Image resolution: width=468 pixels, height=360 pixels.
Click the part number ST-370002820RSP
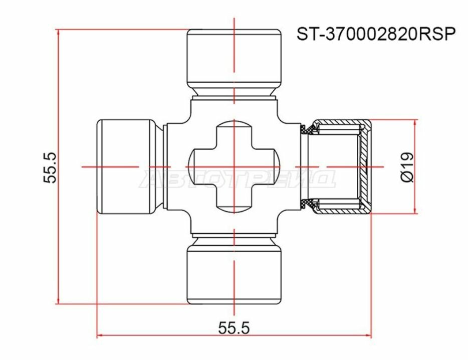[x=376, y=34]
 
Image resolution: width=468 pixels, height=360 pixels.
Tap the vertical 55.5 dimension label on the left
[x=51, y=167]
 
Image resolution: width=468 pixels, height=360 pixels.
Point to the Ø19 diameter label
[x=407, y=167]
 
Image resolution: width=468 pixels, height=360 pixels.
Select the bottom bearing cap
[x=233, y=275]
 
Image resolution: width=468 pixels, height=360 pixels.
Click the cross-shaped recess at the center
[x=233, y=165]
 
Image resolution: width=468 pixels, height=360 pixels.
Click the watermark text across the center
[x=239, y=178]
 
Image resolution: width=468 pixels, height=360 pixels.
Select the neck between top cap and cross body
[x=233, y=92]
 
